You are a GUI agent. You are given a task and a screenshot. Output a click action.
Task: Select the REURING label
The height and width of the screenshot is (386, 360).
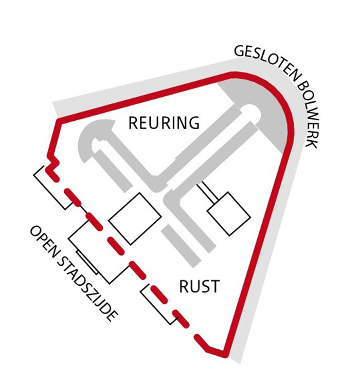tap(164, 123)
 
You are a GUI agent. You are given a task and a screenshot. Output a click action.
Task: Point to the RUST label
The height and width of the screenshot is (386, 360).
tap(199, 286)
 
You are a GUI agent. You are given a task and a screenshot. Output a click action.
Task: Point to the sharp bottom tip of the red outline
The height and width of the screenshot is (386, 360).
tap(224, 354)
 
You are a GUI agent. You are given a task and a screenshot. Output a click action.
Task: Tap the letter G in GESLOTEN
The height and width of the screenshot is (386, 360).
tap(239, 51)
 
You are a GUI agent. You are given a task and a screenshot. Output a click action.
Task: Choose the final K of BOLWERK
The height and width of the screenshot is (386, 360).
tap(311, 142)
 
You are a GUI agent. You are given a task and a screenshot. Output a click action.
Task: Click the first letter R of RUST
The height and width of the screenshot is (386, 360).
tap(184, 286)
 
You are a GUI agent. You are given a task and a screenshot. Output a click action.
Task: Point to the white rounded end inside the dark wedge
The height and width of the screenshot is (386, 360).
tap(251, 111)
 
